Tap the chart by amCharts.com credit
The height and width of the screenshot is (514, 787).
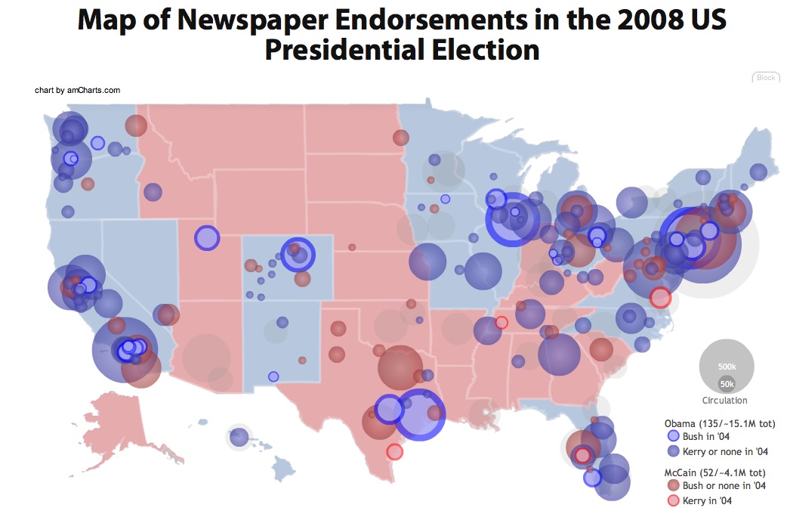click(78, 90)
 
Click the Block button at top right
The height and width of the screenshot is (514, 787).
click(765, 78)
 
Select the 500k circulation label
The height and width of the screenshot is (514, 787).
click(727, 367)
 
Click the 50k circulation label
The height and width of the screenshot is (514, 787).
click(727, 383)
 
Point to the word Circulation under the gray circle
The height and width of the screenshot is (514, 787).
click(724, 401)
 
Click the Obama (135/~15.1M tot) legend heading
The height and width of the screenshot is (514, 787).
click(720, 423)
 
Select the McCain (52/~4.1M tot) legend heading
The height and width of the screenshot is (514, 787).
click(718, 472)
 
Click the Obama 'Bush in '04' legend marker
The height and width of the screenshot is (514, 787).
click(673, 436)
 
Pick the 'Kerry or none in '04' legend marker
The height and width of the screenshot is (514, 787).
click(673, 451)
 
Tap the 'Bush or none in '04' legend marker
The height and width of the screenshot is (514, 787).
click(673, 485)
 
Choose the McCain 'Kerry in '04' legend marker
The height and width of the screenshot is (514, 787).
click(673, 500)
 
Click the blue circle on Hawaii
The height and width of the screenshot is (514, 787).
click(239, 436)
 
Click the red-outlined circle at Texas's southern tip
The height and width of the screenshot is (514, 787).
click(394, 451)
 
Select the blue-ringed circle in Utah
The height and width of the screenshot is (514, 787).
click(206, 237)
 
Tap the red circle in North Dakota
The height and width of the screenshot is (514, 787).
click(401, 138)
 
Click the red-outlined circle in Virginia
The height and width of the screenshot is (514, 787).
click(660, 298)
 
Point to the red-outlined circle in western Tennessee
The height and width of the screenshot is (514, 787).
click(502, 323)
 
